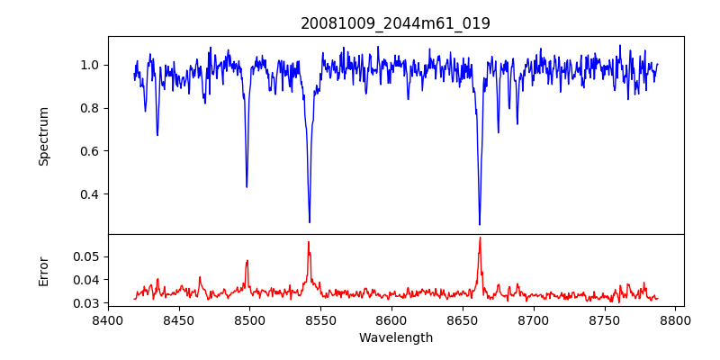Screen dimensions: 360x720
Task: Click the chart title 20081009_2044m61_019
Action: [x=395, y=23]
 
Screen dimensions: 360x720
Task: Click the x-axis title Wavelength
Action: [x=395, y=338]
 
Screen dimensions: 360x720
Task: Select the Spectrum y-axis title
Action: [x=43, y=136]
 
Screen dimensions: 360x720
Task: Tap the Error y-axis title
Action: [x=43, y=271]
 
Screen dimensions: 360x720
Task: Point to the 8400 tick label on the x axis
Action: [x=108, y=319]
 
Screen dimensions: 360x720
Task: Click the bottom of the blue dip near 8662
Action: [x=480, y=224]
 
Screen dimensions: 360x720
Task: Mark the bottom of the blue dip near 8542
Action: [x=310, y=222]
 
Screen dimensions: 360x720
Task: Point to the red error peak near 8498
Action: [x=247, y=261]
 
